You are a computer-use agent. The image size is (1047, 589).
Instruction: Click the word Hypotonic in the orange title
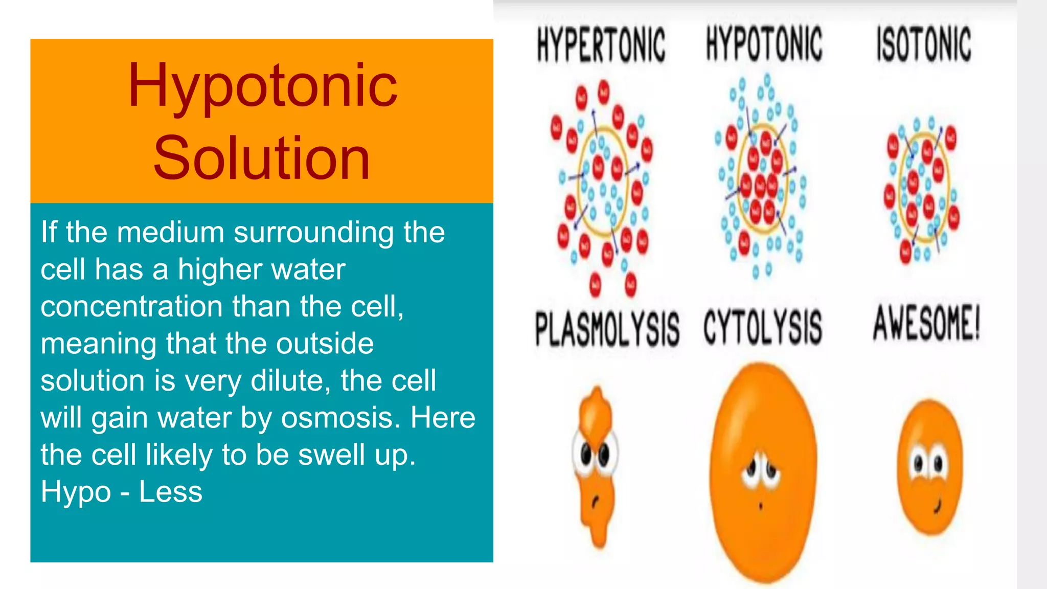click(262, 86)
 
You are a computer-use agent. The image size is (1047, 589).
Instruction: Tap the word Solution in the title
click(261, 158)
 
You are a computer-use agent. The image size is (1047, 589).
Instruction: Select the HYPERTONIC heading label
click(601, 45)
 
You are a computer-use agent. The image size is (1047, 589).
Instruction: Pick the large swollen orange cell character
click(763, 470)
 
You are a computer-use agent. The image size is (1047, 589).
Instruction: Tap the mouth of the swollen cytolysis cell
click(760, 506)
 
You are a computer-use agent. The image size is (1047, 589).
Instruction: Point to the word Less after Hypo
click(171, 492)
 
